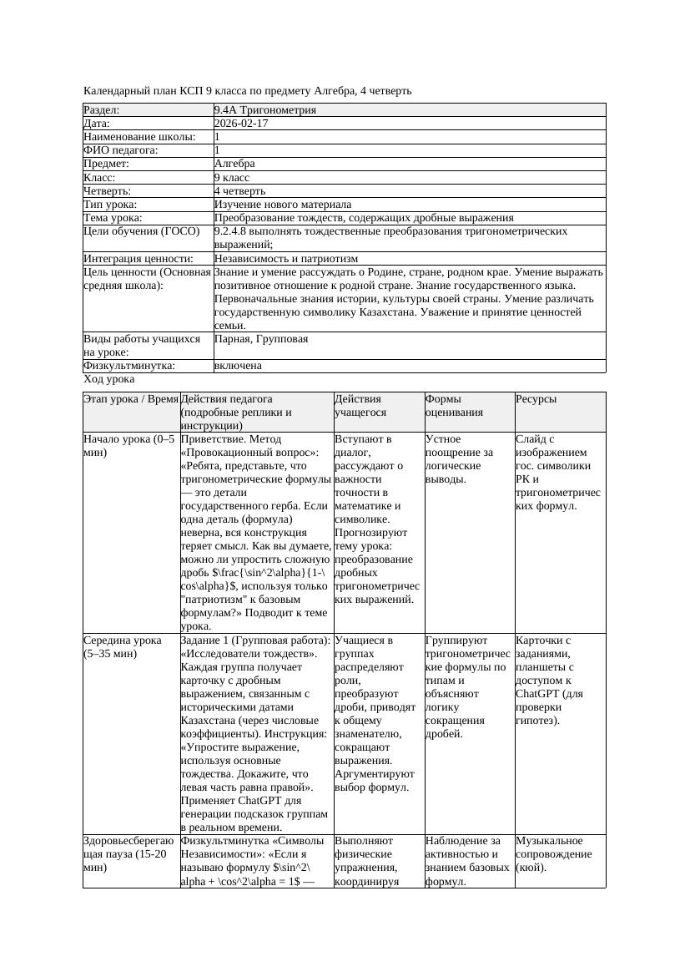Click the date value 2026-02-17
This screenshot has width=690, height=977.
point(241,123)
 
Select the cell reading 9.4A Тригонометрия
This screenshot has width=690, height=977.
point(264,109)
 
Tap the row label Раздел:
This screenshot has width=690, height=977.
point(102,109)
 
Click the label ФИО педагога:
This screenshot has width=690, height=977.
point(121,150)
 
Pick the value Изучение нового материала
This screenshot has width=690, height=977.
point(283,205)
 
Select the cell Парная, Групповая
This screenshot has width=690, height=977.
point(261,339)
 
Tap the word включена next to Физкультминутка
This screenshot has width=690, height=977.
point(238,366)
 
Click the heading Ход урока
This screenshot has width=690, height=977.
point(109,379)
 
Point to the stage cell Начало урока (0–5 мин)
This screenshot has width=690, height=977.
point(129,445)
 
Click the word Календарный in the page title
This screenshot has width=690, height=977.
point(116,90)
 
